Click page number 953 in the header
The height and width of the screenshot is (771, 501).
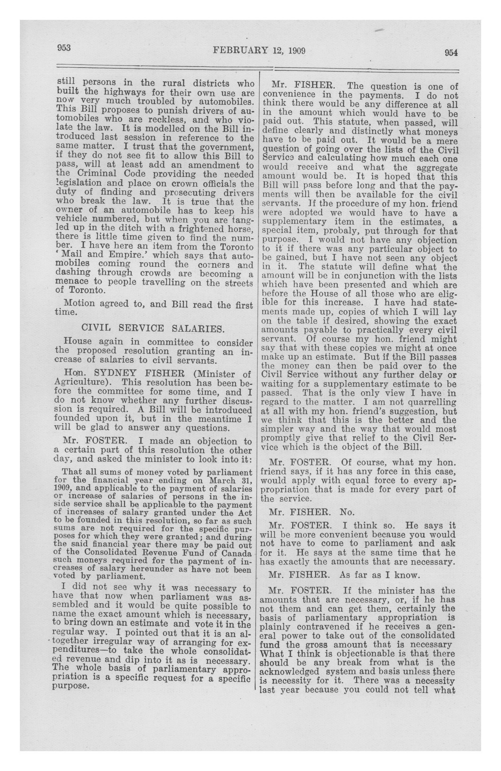coord(64,48)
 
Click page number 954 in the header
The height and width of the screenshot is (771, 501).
coord(451,53)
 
